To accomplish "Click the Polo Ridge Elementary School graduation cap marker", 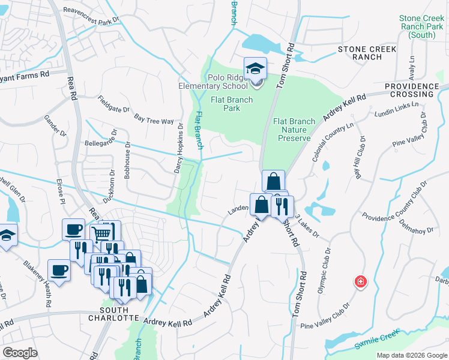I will (255, 68).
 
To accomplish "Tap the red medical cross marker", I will (360, 281).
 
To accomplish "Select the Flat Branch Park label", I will (225, 104).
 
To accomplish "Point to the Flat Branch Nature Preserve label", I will (294, 130).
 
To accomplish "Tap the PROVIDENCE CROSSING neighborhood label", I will (412, 91).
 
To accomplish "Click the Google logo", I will (20, 353).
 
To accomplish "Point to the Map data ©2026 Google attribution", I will (411, 355).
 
